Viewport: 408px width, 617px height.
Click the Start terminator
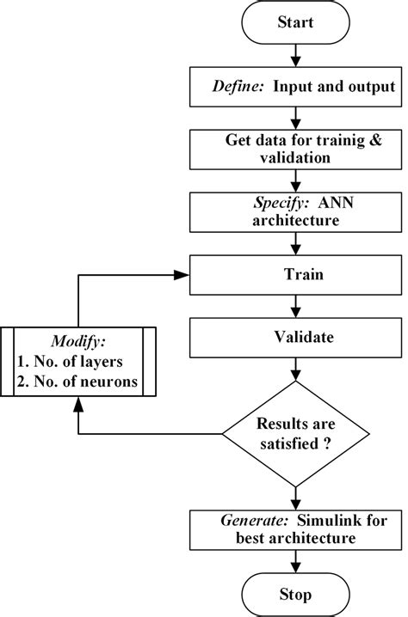(295, 24)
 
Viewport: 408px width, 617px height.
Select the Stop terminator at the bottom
(295, 593)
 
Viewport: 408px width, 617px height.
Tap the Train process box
(295, 277)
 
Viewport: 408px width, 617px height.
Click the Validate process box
(295, 338)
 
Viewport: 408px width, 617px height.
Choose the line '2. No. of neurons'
(78, 382)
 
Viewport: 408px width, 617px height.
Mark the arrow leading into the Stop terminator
(295, 562)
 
